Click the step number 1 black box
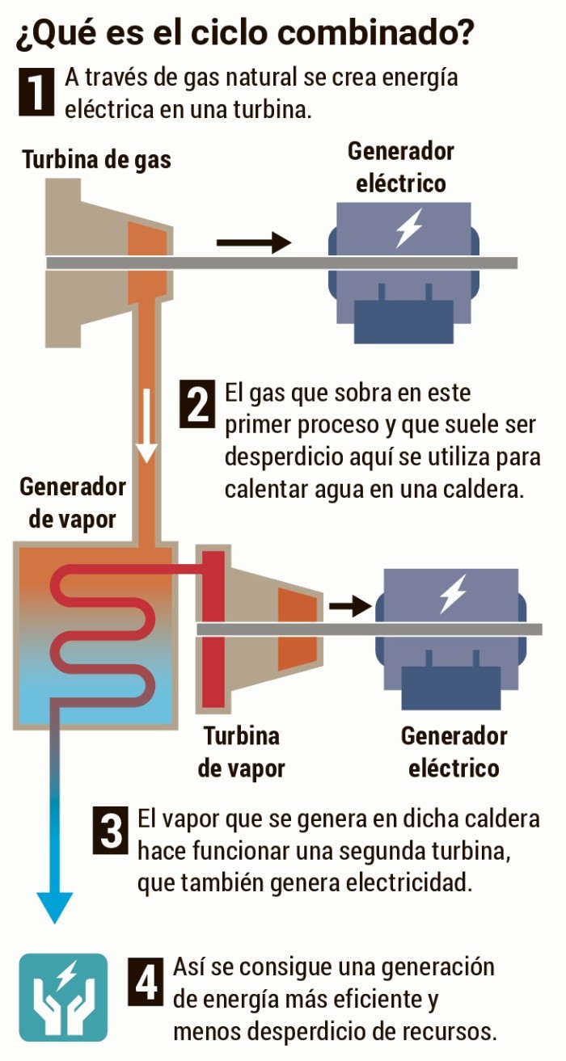pyautogui.click(x=36, y=91)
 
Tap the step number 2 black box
pyautogui.click(x=197, y=405)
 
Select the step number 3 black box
pyautogui.click(x=112, y=828)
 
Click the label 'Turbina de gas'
pyautogui.click(x=97, y=159)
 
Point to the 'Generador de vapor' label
pyautogui.click(x=73, y=503)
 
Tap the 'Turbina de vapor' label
pyautogui.click(x=241, y=752)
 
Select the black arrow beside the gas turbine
pyautogui.click(x=253, y=242)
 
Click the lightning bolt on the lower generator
pyautogui.click(x=453, y=594)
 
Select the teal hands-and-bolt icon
pyautogui.click(x=63, y=997)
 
